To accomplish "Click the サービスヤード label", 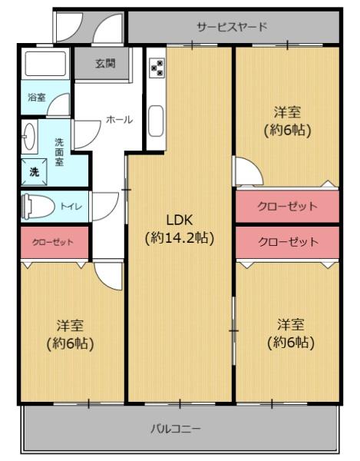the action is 232,27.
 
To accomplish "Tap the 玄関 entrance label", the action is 105,64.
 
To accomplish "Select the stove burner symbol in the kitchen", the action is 157,68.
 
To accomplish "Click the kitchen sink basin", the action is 156,121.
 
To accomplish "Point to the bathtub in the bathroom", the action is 45,64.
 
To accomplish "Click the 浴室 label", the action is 37,98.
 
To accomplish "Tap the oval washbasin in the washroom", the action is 30,137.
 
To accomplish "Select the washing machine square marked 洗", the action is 34,172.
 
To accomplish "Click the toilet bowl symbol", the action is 38,206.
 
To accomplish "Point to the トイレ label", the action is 71,207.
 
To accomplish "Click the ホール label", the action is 119,120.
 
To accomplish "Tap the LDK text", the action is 180,220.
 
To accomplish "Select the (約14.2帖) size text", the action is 180,237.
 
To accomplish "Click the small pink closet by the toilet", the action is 54,242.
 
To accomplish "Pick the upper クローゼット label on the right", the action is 288,206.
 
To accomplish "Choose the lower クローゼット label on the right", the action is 288,242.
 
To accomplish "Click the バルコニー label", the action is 176,429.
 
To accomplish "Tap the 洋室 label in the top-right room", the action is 287,112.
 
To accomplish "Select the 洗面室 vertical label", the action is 59,152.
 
